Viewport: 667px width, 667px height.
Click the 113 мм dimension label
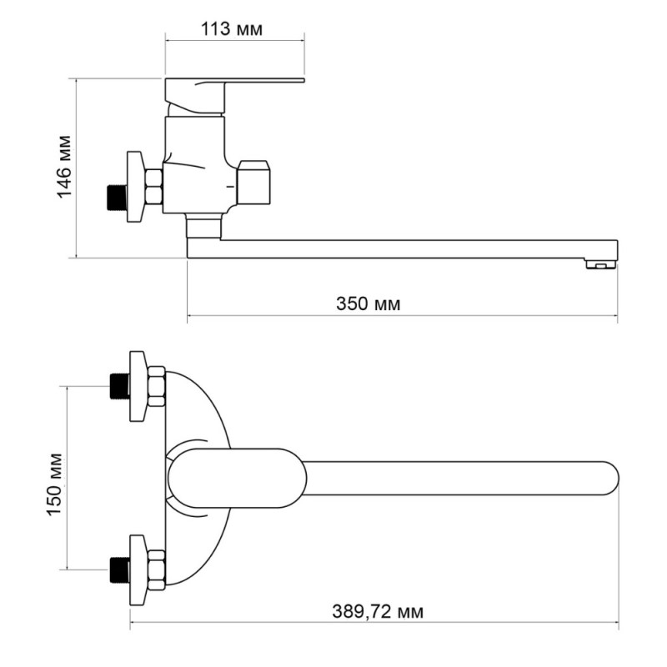point(232,29)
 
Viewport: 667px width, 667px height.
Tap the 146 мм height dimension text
point(65,167)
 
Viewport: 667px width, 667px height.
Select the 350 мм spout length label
point(368,304)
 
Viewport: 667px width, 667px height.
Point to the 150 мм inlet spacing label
point(55,484)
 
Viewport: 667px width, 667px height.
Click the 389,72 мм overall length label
point(378,612)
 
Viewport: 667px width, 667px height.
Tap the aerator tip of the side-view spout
point(600,264)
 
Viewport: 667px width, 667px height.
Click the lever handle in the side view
point(234,96)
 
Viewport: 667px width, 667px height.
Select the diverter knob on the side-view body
point(253,182)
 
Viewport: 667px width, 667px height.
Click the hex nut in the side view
point(153,185)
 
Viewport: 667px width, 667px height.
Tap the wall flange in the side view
point(136,186)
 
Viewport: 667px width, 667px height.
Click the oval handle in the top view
point(237,478)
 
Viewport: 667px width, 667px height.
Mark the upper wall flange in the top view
point(138,386)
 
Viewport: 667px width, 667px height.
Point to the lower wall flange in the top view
point(138,569)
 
